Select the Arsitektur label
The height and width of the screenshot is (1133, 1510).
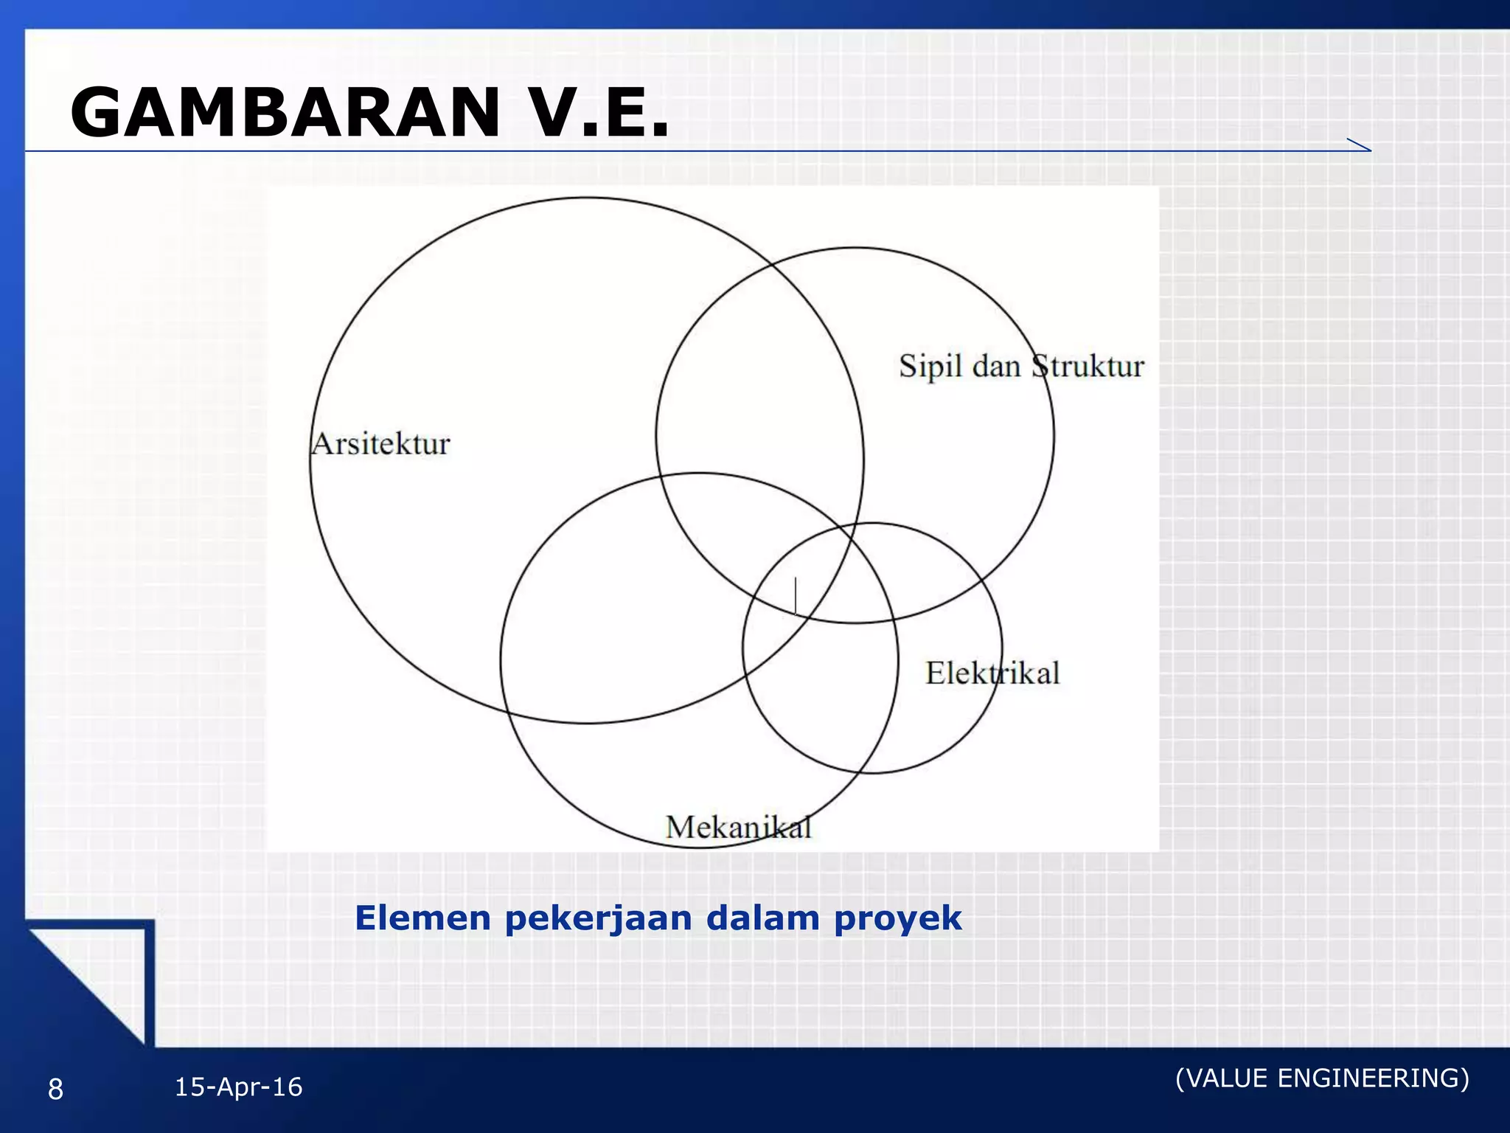pyautogui.click(x=380, y=444)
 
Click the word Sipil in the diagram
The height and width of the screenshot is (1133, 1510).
pyautogui.click(x=930, y=367)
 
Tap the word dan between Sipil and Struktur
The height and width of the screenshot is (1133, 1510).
pyautogui.click(x=996, y=367)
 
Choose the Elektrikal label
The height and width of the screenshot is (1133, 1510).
pyautogui.click(x=992, y=673)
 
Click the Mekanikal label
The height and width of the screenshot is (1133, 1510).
pyautogui.click(x=738, y=827)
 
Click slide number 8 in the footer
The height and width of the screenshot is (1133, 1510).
pyautogui.click(x=55, y=1089)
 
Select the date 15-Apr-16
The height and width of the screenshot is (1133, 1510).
pyautogui.click(x=238, y=1087)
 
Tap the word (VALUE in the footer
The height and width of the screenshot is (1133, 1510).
pyautogui.click(x=1222, y=1078)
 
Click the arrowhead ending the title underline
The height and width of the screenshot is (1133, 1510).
pyautogui.click(x=1360, y=145)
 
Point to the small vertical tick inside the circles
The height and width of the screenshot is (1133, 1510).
pyautogui.click(x=796, y=595)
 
